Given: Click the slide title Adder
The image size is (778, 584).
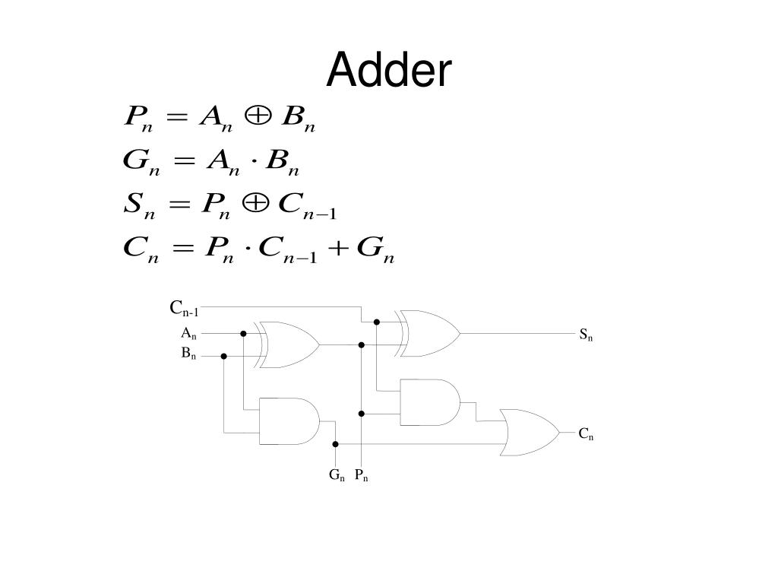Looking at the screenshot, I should pyautogui.click(x=389, y=71).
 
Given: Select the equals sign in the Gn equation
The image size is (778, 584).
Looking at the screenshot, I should pyautogui.click(x=181, y=162).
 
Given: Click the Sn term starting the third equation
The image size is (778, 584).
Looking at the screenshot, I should pyautogui.click(x=138, y=205).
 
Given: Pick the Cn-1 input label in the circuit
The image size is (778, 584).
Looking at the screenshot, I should pyautogui.click(x=184, y=309).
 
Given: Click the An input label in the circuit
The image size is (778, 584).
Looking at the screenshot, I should pyautogui.click(x=188, y=333).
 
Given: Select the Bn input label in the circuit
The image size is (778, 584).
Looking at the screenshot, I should pyautogui.click(x=188, y=354).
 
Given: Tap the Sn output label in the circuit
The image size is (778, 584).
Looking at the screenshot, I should pyautogui.click(x=586, y=334).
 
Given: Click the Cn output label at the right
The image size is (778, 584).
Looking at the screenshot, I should pyautogui.click(x=586, y=434).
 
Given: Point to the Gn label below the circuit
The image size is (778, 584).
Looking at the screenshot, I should pyautogui.click(x=337, y=476).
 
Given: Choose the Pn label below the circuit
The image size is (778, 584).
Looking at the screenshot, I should pyautogui.click(x=361, y=476).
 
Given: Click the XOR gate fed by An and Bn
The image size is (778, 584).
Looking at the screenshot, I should pyautogui.click(x=289, y=344).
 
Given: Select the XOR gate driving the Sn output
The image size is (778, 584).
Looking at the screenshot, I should pyautogui.click(x=430, y=333).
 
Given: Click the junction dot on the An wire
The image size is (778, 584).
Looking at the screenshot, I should pyautogui.click(x=243, y=333).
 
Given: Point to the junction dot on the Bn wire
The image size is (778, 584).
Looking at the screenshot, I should pyautogui.click(x=224, y=356).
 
